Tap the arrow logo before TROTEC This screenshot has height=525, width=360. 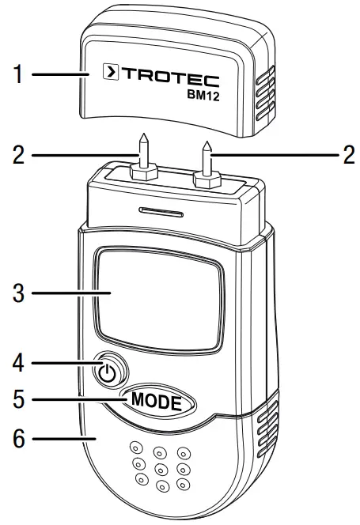[x=112, y=76]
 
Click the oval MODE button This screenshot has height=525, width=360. [x=157, y=400]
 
